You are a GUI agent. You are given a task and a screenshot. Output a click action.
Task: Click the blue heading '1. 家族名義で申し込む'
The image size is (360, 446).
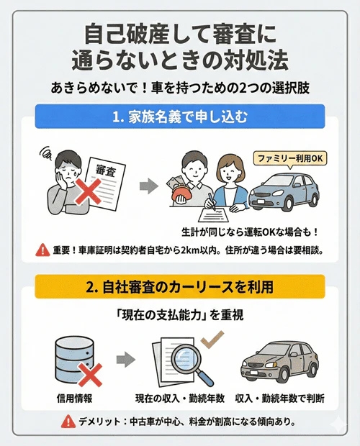point(179,116)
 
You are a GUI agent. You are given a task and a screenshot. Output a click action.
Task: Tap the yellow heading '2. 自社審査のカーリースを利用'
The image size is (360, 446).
point(179,286)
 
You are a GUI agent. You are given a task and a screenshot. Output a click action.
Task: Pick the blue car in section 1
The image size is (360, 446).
point(282,197)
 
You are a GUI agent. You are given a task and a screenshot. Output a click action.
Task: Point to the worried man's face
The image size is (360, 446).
point(58,165)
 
